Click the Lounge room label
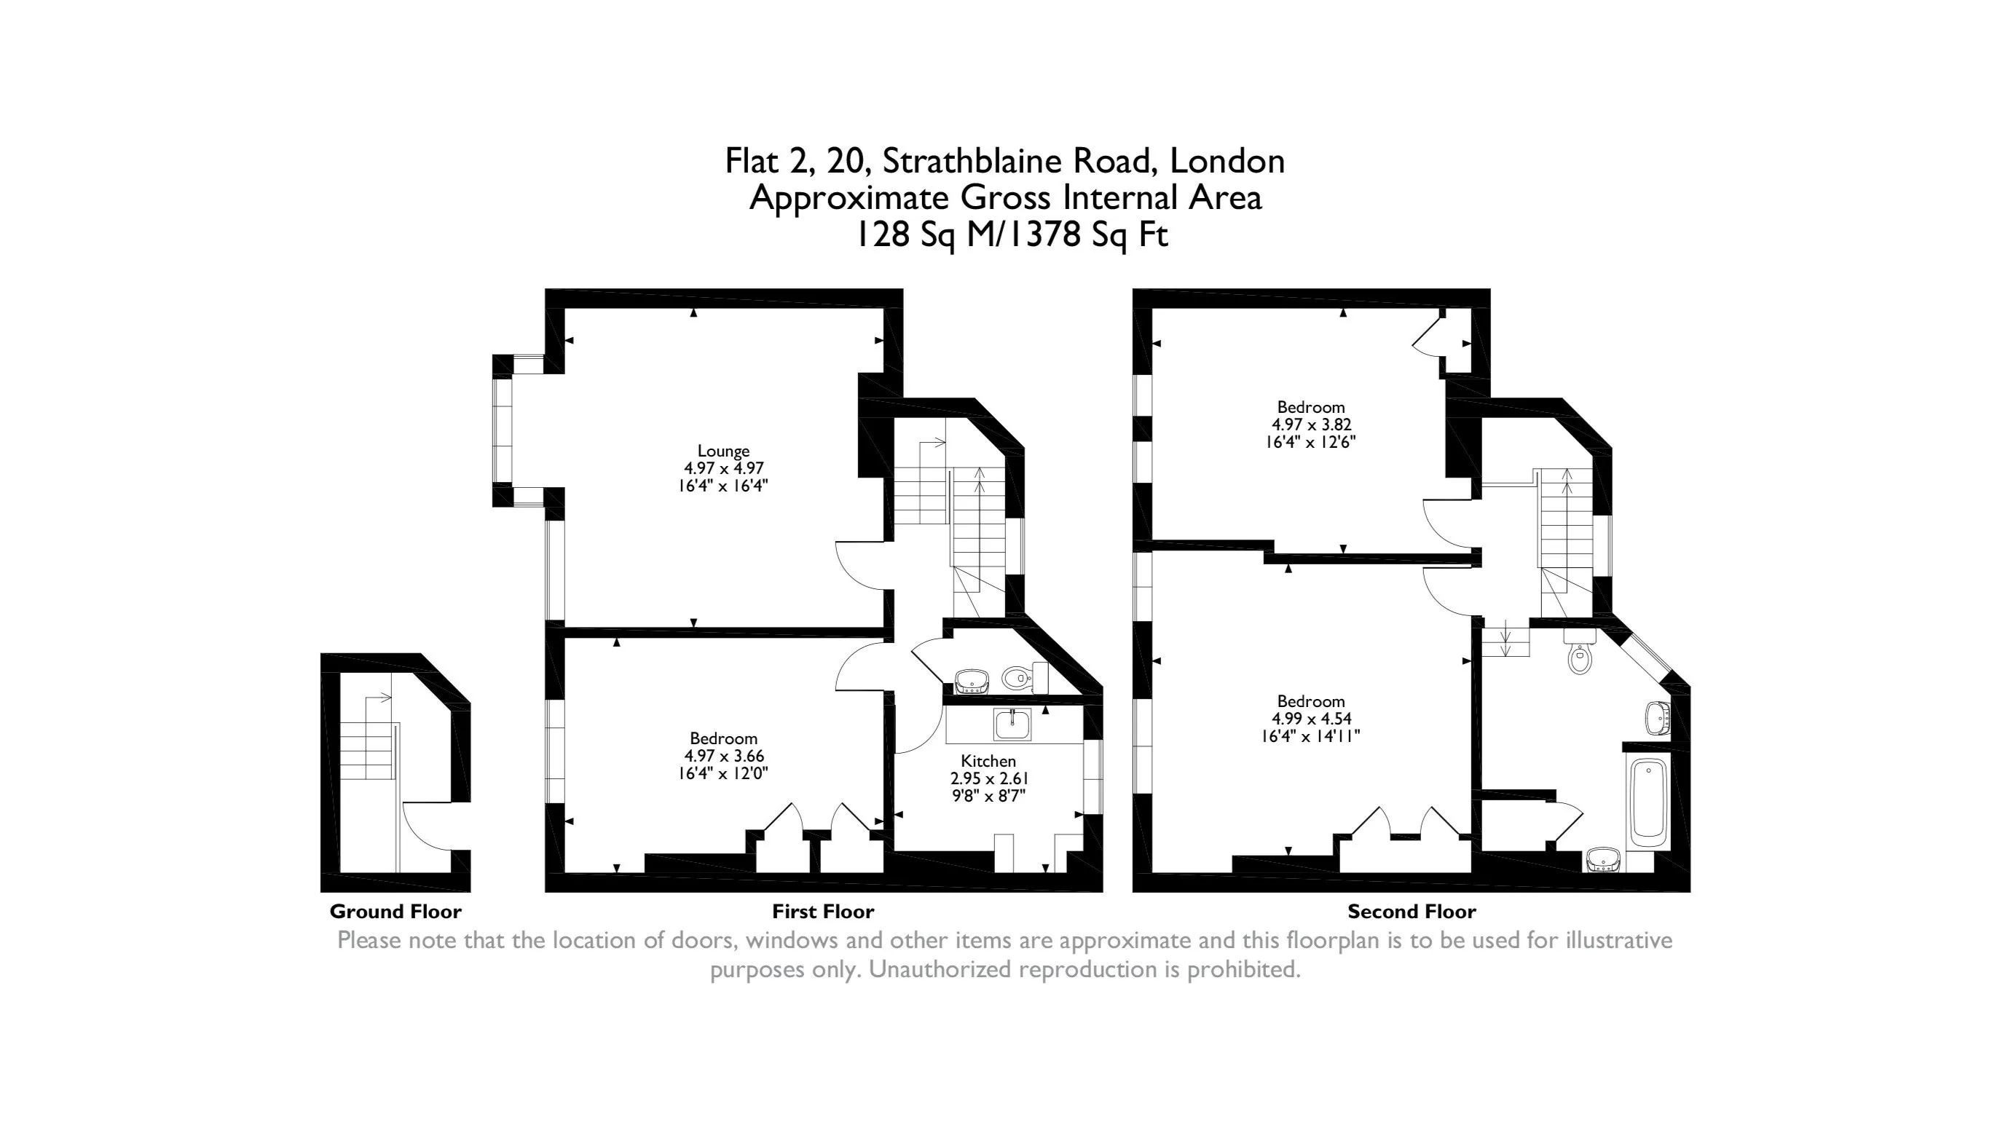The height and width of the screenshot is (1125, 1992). click(723, 451)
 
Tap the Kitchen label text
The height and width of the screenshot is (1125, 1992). click(988, 761)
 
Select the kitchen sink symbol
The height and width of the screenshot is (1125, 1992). click(1012, 724)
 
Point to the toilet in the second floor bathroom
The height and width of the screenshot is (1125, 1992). click(1580, 654)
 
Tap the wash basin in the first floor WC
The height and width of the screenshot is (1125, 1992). click(972, 681)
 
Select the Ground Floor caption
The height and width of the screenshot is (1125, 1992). click(395, 912)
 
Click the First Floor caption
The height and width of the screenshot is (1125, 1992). click(823, 912)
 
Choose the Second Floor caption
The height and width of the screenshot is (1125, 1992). click(1412, 912)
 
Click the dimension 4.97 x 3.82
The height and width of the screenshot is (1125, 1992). click(1311, 425)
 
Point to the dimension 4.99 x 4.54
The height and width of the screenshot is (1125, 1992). click(1311, 718)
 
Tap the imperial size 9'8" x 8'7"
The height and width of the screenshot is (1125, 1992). click(988, 795)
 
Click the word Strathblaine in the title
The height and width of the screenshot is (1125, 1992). click(972, 161)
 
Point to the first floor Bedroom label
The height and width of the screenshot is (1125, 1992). click(723, 738)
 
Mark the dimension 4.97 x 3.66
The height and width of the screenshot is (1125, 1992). click(723, 755)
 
